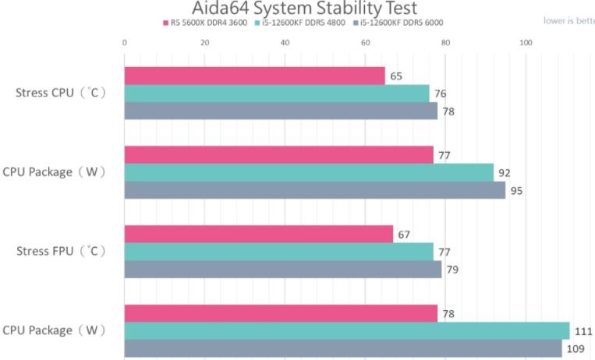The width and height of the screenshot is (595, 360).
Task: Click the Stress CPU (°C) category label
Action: (61, 93)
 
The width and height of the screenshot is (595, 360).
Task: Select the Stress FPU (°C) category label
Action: (61, 252)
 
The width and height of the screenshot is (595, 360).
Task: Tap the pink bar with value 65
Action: (254, 76)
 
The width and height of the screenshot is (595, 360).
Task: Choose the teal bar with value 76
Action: (277, 94)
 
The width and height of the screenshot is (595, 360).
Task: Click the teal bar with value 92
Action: (309, 172)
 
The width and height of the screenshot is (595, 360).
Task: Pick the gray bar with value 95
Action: (314, 190)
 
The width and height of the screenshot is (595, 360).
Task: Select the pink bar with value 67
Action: (258, 234)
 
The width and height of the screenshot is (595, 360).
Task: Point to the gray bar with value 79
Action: (282, 270)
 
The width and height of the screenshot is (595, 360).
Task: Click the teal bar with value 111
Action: (346, 330)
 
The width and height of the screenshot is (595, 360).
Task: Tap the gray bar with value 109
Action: (342, 348)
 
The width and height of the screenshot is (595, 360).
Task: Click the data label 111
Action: (583, 331)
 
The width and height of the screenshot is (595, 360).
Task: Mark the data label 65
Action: (396, 76)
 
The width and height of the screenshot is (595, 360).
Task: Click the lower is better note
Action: (568, 21)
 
